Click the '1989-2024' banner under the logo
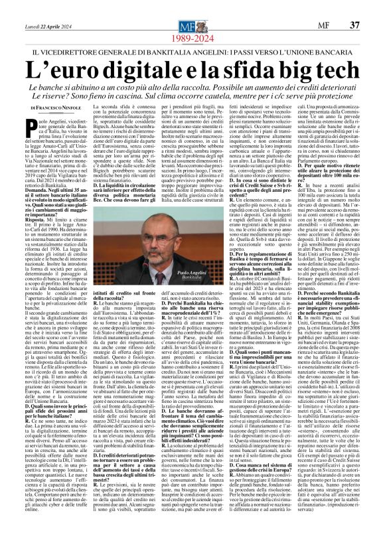pos(192,39)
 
